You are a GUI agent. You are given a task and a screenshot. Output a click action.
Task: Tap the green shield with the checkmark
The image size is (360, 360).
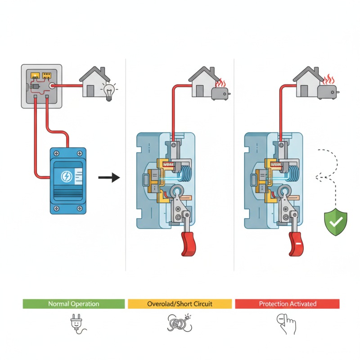click(x=336, y=221)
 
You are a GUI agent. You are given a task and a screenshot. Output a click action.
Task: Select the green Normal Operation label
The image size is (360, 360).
click(x=73, y=304)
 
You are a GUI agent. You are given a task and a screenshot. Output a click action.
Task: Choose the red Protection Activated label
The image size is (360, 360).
click(x=287, y=304)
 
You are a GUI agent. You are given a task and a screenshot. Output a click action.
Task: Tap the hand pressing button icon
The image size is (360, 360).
click(x=286, y=324)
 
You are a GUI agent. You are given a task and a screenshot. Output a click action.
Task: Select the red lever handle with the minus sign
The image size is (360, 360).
click(x=298, y=243)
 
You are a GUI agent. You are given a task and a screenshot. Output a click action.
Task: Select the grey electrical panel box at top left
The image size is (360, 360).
click(x=41, y=85)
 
